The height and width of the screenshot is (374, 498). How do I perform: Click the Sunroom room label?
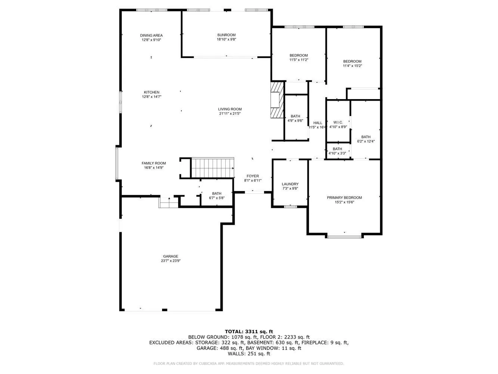226,35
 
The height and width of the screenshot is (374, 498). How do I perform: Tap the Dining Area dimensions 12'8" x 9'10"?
151,40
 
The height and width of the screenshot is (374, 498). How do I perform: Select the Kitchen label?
152,92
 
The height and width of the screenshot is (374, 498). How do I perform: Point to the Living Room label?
230,109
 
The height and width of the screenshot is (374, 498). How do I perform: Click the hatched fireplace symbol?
277,100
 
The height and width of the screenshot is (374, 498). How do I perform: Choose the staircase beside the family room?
212,168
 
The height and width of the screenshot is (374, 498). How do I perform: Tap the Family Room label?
154,163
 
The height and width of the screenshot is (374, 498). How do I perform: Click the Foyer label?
253,176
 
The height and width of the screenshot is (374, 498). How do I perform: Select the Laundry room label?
290,184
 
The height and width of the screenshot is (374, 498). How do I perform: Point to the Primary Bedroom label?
344,197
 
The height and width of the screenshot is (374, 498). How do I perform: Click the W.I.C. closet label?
338,122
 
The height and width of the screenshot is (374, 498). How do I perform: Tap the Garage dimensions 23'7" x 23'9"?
170,261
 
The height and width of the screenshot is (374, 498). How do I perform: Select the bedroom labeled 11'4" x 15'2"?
352,64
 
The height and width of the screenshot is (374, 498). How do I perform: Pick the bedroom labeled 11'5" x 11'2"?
299,58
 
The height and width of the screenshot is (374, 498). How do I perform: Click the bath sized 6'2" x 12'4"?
366,139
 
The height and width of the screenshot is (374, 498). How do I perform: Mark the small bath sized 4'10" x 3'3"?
337,151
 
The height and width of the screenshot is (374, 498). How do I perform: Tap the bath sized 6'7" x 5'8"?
217,196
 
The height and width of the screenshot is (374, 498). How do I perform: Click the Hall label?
318,123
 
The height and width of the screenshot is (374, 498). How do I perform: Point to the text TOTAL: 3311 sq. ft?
249,331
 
